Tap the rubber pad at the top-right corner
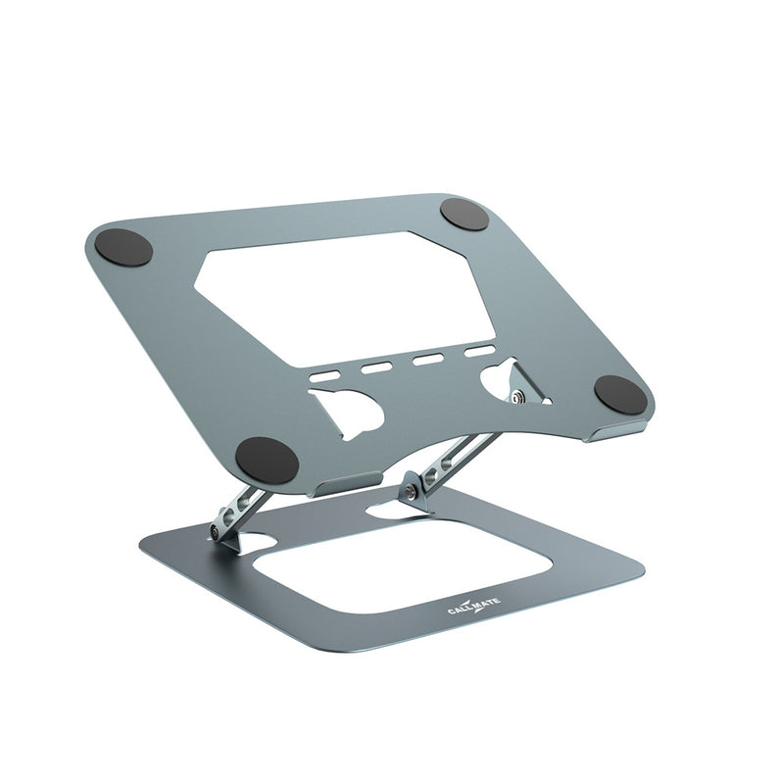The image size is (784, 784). (x=465, y=214)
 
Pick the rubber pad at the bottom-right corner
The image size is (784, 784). (x=620, y=394)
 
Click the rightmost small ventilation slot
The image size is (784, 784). (x=479, y=351)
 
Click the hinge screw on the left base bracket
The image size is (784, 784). (x=213, y=533)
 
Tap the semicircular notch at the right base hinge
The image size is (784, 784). (x=398, y=512)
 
